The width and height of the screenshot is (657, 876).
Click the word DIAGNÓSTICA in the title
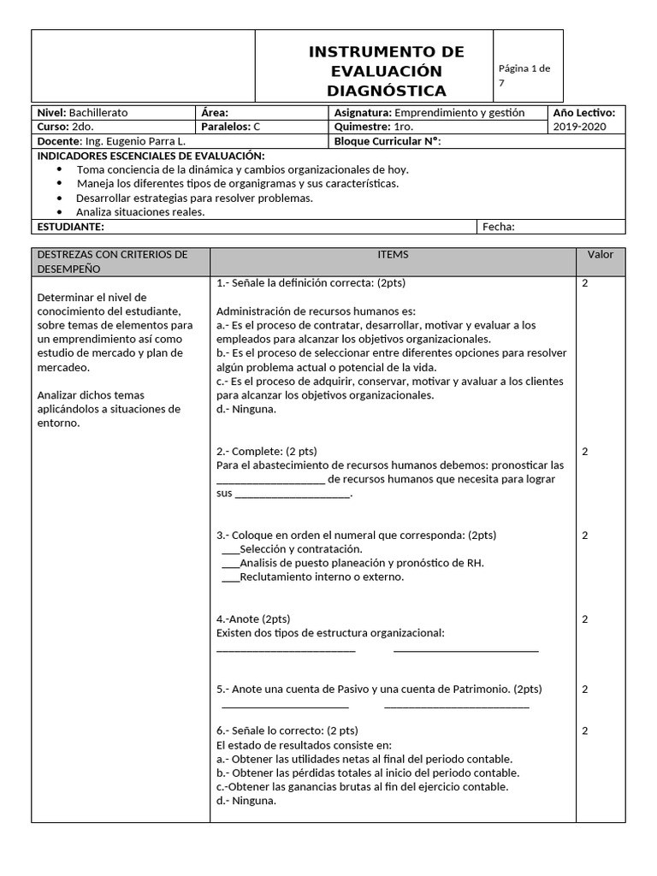point(386,91)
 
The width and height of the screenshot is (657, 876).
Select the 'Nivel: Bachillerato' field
point(82,113)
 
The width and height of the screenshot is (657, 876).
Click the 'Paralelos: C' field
point(231,127)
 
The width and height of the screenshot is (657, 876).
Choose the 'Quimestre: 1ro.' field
point(374,127)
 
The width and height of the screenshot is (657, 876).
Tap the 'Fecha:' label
point(500,227)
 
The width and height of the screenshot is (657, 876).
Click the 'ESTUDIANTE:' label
point(71,227)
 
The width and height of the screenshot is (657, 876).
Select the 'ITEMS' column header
point(393,255)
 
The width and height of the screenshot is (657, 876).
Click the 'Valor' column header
point(600,255)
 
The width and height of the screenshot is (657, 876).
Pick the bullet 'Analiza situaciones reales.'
point(140,212)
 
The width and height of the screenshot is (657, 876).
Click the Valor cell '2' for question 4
point(585,619)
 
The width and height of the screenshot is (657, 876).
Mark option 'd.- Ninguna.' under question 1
point(246,409)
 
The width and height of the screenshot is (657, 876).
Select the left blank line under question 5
point(285,706)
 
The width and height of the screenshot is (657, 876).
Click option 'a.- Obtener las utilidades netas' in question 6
point(364,759)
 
